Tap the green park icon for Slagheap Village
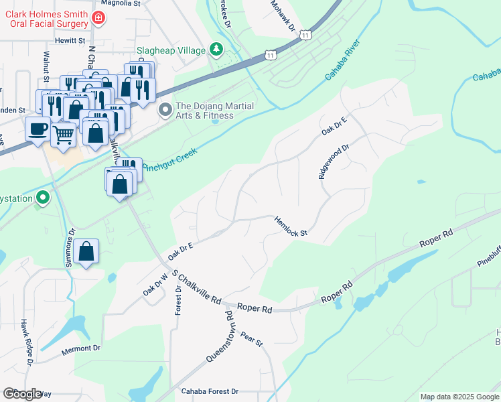pyautogui.click(x=216, y=49)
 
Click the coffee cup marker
pyautogui.click(x=38, y=128)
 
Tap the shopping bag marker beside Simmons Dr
pyautogui.click(x=86, y=252)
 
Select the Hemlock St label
pyautogui.click(x=291, y=226)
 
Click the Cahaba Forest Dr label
pyautogui.click(x=210, y=391)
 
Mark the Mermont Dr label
pyautogui.click(x=80, y=348)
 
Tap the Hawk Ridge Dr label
pyautogui.click(x=27, y=343)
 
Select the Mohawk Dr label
pyautogui.click(x=283, y=16)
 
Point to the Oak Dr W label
pyautogui.click(x=155, y=284)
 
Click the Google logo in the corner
pyautogui.click(x=22, y=394)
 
